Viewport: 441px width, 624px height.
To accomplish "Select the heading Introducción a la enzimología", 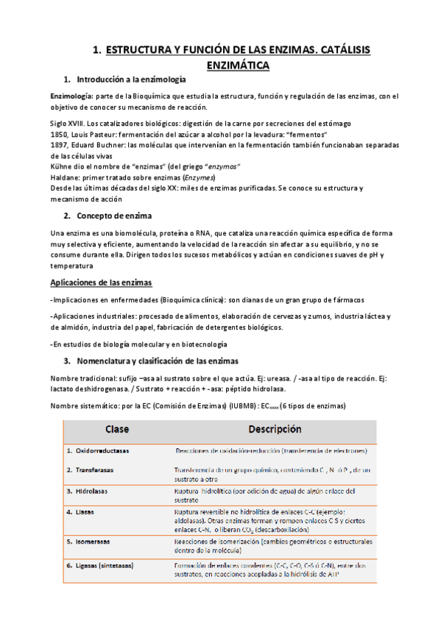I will [132, 79].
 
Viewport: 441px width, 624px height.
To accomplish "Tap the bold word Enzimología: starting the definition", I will [71, 96].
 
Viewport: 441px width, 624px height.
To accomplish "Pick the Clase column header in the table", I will [116, 429].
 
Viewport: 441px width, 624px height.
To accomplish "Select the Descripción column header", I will [275, 429].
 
